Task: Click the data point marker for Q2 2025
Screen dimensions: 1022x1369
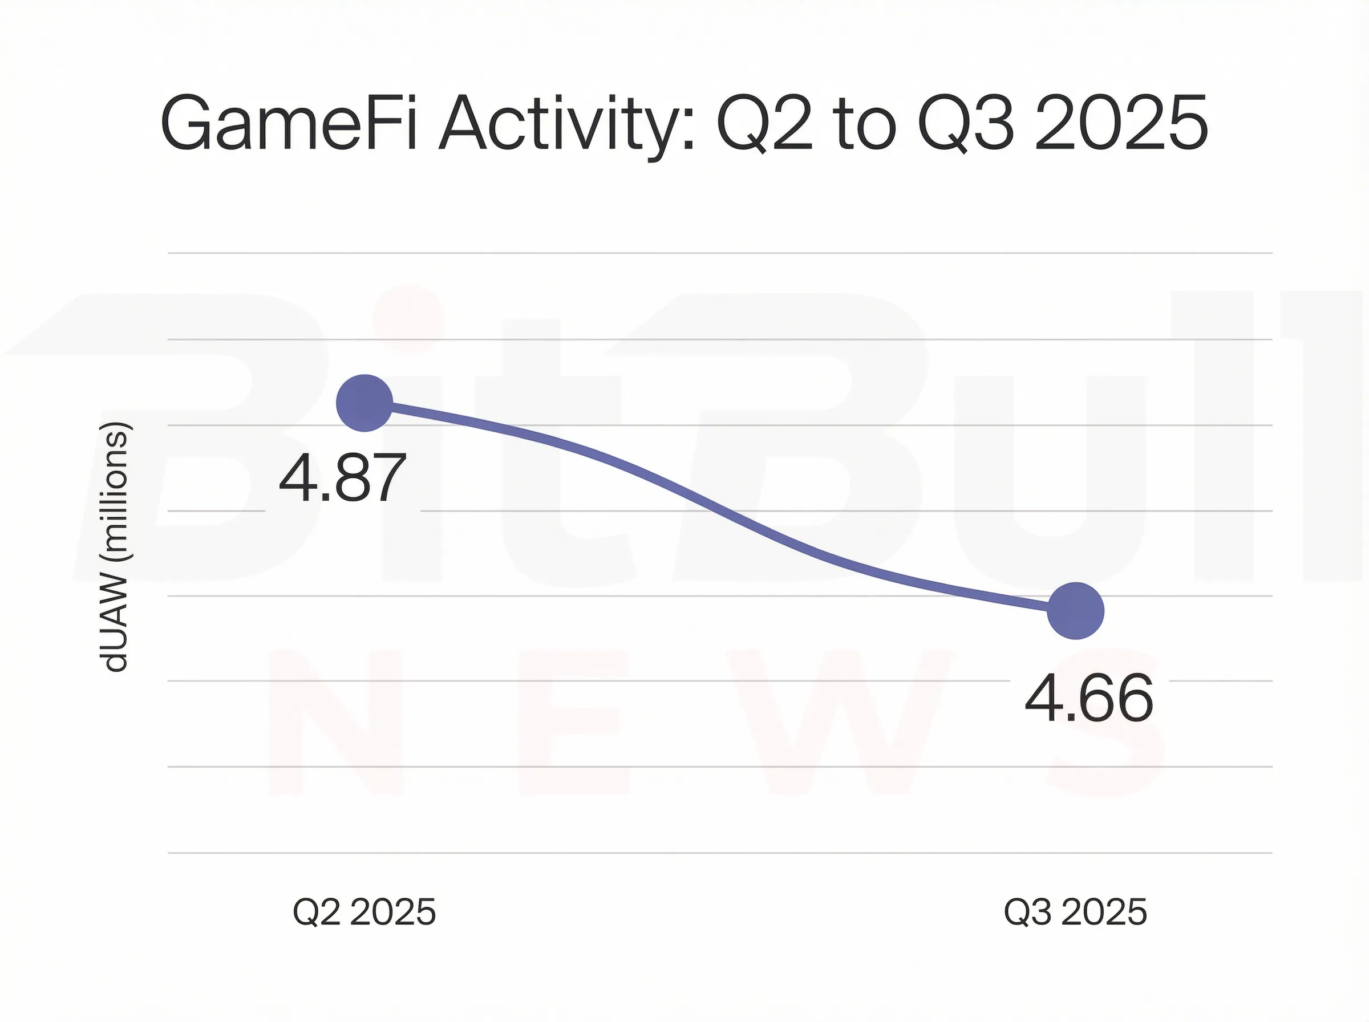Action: point(364,403)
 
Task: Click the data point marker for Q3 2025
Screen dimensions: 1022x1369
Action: point(1076,611)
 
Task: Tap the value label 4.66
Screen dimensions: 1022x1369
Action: point(1089,699)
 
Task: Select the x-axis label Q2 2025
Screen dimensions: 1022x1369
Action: point(364,912)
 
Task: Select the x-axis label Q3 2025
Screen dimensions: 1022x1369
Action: point(1075,912)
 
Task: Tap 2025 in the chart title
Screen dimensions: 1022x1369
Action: point(1120,124)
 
